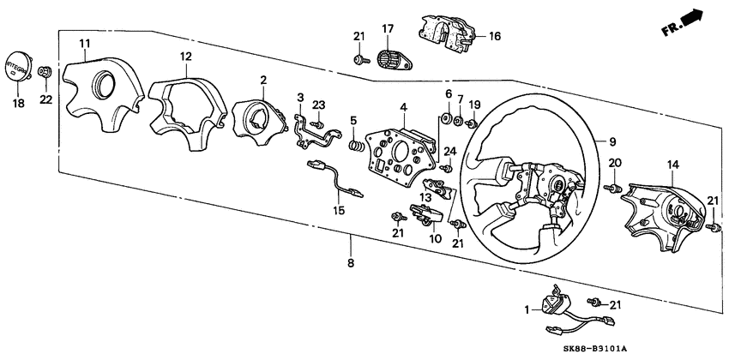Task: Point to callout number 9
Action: click(x=613, y=140)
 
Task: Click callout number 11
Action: click(x=83, y=43)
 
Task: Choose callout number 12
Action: click(x=186, y=57)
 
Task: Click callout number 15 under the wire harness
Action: click(x=338, y=210)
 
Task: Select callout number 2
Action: click(x=263, y=81)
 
